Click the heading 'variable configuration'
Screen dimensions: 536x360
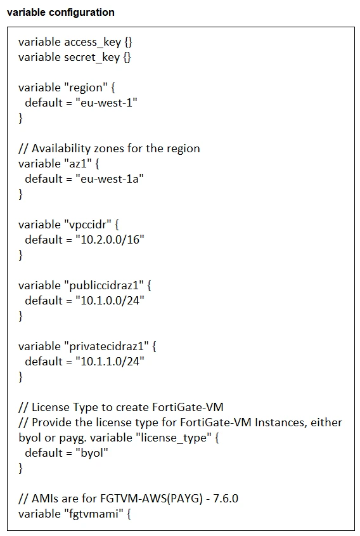pos(60,12)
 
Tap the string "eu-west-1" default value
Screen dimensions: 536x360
pos(106,103)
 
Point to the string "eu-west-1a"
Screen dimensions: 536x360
pos(109,179)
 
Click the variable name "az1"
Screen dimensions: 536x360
pos(78,164)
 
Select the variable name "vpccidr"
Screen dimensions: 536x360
pos(87,225)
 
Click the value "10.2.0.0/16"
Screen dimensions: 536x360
pos(110,240)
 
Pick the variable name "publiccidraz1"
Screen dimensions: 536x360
pos(102,285)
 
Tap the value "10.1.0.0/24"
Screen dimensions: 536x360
pos(110,301)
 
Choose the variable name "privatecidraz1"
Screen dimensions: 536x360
pos(105,346)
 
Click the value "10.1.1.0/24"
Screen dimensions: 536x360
pos(110,362)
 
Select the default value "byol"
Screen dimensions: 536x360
pos(92,453)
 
